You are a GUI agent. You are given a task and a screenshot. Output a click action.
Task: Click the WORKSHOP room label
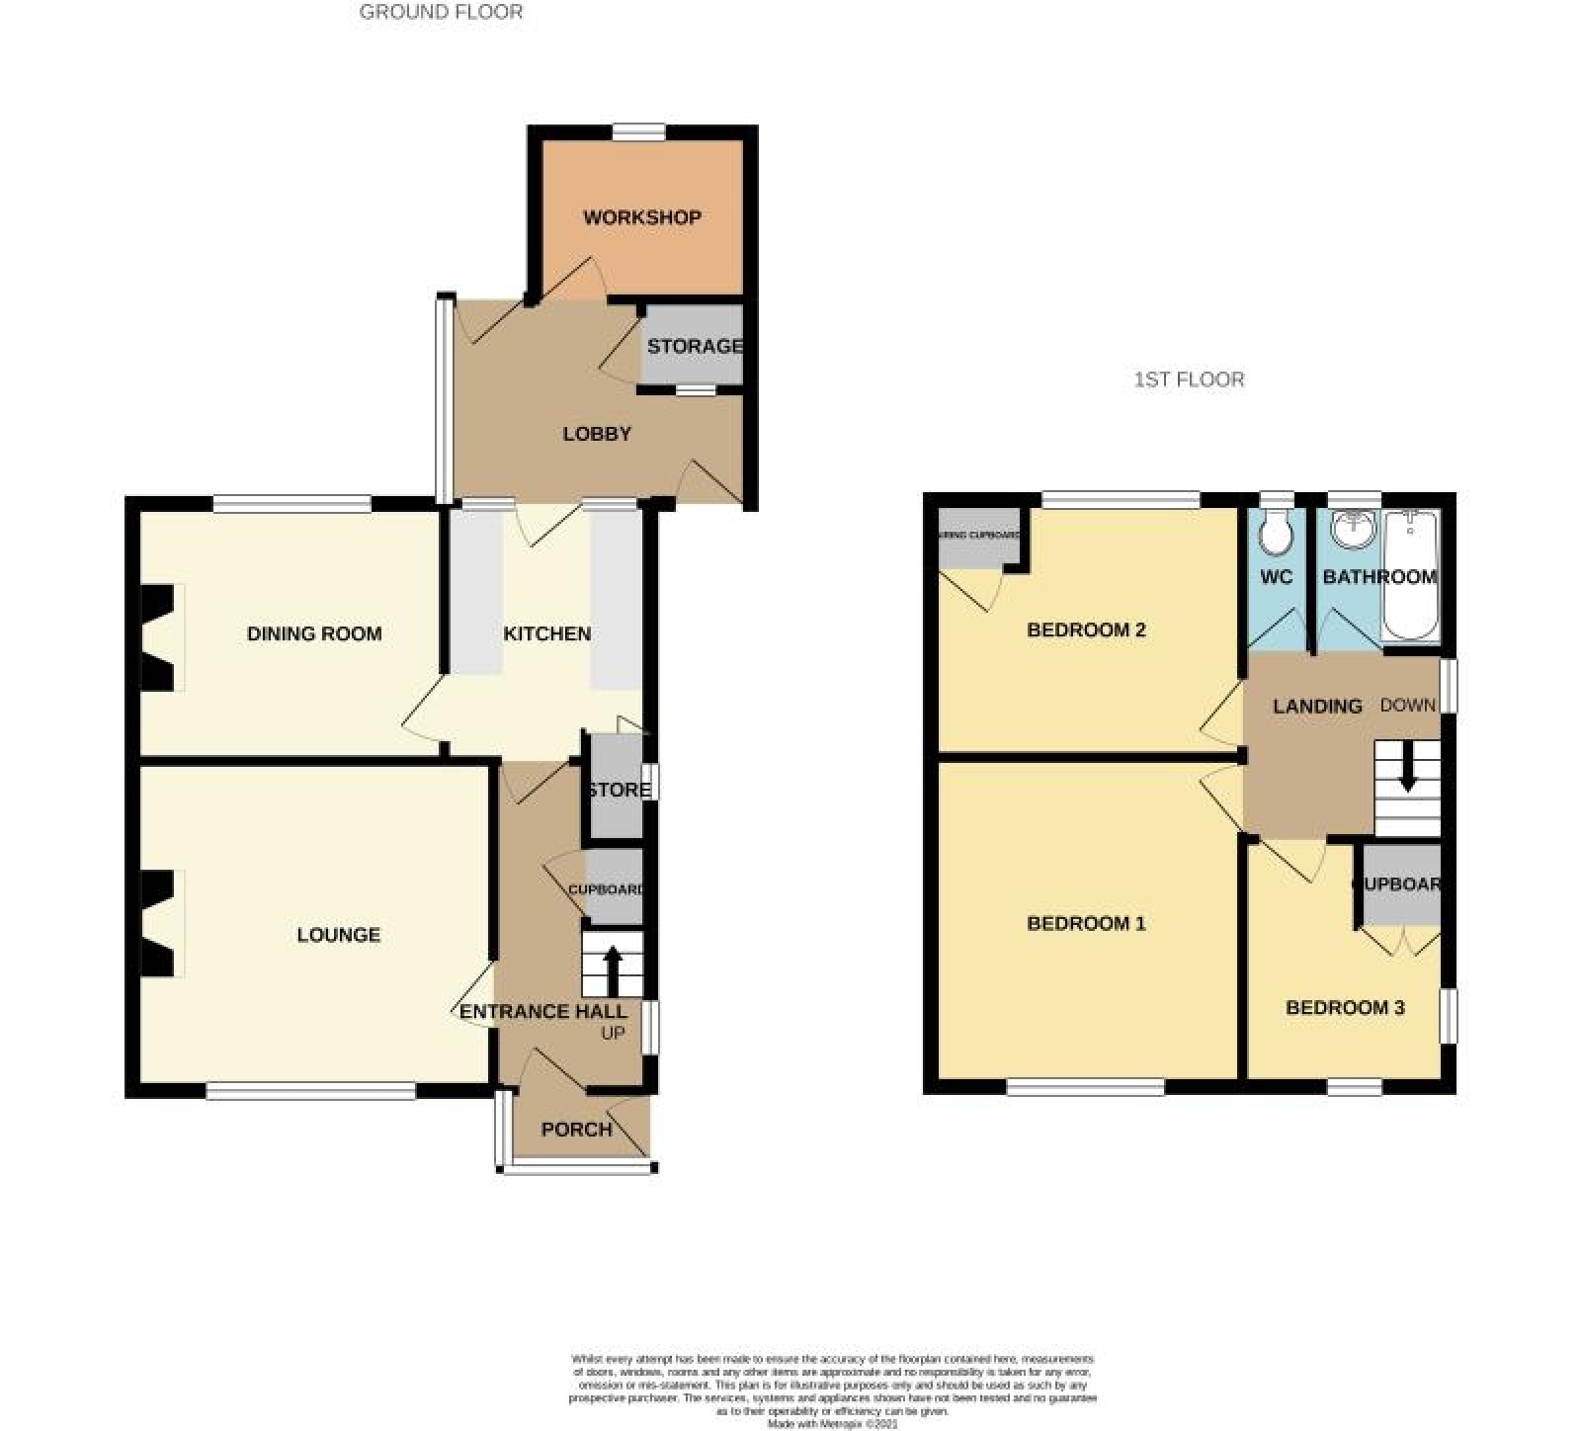click(x=641, y=217)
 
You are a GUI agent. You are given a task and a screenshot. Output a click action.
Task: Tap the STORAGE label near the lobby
click(x=695, y=346)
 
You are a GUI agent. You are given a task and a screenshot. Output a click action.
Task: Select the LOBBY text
click(x=597, y=434)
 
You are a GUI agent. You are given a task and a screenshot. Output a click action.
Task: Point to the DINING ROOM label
click(x=314, y=633)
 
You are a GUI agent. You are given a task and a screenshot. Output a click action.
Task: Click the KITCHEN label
click(x=547, y=633)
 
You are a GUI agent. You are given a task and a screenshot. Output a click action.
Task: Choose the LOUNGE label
click(x=339, y=935)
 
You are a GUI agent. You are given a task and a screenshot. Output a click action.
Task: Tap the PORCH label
click(x=577, y=1130)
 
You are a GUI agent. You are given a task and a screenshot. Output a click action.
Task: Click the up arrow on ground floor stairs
click(x=613, y=969)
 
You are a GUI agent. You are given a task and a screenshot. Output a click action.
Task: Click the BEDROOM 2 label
click(x=1086, y=630)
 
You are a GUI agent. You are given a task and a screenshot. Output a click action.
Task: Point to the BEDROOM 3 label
click(x=1345, y=1008)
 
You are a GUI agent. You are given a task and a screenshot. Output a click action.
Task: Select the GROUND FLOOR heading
click(x=441, y=13)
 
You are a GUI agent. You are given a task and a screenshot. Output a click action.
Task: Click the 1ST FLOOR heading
click(x=1189, y=379)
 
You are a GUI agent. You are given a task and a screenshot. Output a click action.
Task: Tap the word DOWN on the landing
click(x=1407, y=706)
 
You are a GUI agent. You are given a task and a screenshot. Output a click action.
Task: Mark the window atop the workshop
click(x=638, y=131)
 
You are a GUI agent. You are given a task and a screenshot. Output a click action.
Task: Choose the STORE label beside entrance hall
click(x=620, y=790)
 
